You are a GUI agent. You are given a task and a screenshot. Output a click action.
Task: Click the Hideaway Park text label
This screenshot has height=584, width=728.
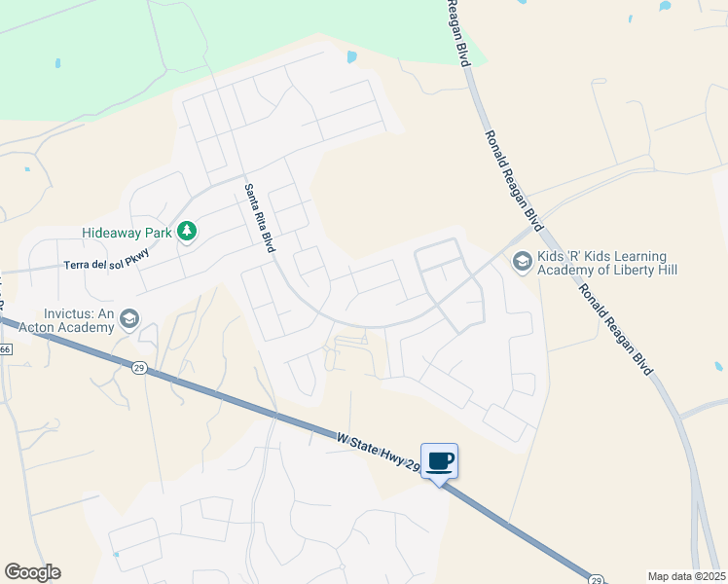(x=127, y=233)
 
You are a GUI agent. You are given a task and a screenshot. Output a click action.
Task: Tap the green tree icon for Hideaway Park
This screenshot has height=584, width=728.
(x=186, y=232)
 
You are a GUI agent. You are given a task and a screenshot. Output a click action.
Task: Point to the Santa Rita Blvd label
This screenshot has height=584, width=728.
(x=260, y=219)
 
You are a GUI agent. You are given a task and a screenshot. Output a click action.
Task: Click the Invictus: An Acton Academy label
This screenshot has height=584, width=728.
(x=77, y=321)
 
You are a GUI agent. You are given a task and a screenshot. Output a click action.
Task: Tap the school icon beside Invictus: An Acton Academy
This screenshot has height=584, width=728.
(x=129, y=319)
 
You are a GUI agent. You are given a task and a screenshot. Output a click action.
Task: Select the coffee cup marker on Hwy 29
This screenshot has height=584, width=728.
(x=439, y=460)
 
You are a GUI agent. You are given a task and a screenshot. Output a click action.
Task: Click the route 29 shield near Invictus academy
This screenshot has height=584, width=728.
(x=139, y=366)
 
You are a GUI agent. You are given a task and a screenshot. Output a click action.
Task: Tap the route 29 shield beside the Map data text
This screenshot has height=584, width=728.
(x=596, y=577)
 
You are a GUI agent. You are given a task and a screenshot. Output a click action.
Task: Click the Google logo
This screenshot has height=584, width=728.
(x=32, y=572)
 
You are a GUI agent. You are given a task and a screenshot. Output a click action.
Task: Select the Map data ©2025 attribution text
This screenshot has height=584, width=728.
(x=686, y=576)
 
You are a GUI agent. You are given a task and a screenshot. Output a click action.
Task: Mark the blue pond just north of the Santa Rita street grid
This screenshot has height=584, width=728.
(x=351, y=57)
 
